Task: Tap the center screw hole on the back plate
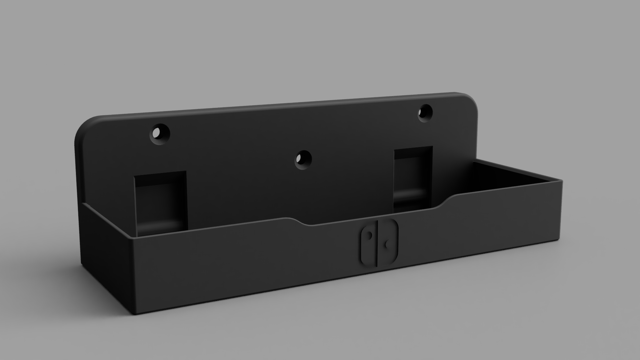tap(303, 160)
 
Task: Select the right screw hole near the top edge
tap(425, 113)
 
